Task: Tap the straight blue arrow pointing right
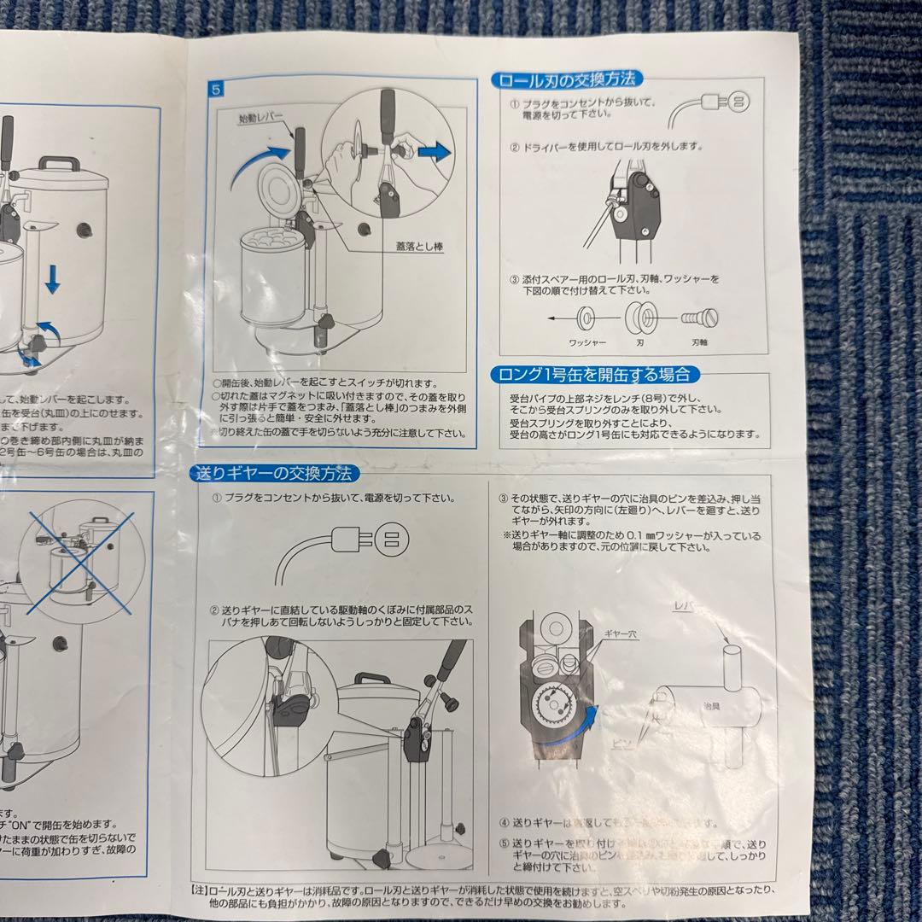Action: click(435, 153)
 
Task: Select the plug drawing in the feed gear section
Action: click(376, 538)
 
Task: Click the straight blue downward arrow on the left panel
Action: click(52, 278)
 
